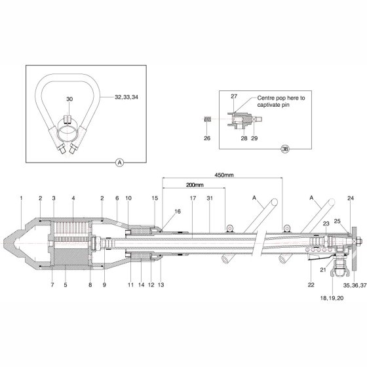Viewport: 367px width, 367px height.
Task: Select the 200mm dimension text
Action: click(195, 185)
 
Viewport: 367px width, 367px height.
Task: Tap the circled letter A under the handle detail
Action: click(119, 163)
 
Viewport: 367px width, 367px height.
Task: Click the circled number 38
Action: click(285, 149)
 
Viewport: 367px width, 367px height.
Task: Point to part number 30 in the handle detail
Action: click(69, 99)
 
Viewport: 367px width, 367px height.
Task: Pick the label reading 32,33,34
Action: click(126, 97)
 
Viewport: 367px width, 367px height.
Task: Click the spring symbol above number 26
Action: click(207, 119)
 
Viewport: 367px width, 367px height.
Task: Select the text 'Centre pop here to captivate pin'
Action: click(281, 102)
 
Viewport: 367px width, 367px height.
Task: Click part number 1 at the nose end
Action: click(21, 198)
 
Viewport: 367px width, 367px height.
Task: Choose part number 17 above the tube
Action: click(193, 198)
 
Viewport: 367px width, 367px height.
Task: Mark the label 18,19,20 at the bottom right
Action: click(332, 298)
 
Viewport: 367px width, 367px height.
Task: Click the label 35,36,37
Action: click(355, 285)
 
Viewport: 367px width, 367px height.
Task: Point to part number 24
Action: click(351, 198)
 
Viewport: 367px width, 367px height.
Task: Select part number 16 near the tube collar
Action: click(178, 211)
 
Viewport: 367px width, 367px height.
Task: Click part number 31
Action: click(210, 198)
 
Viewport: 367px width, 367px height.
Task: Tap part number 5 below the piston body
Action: click(66, 285)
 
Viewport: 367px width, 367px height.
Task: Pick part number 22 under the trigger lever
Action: click(311, 285)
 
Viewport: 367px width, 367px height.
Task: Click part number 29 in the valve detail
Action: click(254, 138)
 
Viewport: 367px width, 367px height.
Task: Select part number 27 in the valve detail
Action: click(234, 96)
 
